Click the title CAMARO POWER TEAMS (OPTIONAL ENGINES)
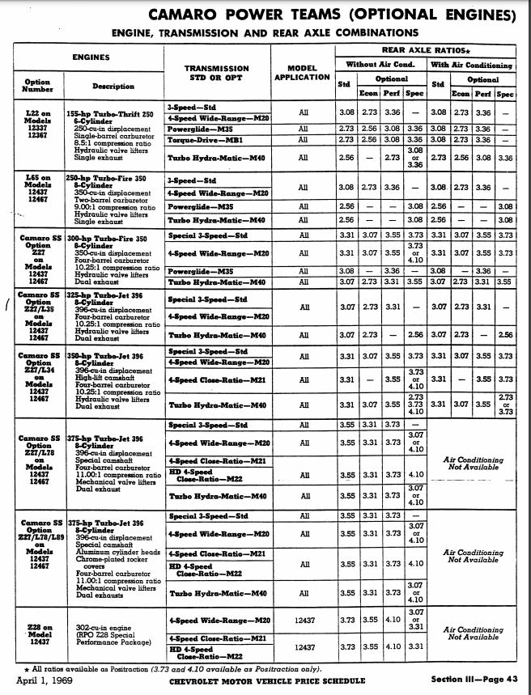(x=339, y=16)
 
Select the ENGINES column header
(x=91, y=57)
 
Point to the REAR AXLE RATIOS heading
(x=426, y=50)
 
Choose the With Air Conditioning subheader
(x=472, y=65)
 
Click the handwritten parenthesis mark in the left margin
(x=7, y=304)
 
